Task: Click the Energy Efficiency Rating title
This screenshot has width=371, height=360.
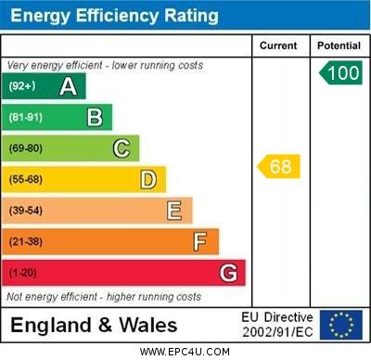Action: point(115,16)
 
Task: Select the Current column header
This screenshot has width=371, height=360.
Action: point(278,45)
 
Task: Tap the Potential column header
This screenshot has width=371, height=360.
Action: point(339,45)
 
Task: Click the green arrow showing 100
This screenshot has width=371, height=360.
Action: point(340,73)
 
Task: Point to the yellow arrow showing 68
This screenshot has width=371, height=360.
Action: point(279,167)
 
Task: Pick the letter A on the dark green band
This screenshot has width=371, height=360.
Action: point(68,86)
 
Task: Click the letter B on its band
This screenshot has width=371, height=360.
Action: point(95,117)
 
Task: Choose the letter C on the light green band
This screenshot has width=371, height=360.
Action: point(122,148)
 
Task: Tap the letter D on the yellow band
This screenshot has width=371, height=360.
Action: point(148,179)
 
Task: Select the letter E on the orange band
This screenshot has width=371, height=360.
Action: point(174,211)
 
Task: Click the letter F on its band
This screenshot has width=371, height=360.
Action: point(200,241)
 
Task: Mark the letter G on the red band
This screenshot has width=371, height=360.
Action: point(228,273)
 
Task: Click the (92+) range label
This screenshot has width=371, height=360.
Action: point(22,86)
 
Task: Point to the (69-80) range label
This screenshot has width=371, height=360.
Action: point(26,148)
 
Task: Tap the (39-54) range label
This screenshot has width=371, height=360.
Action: point(26,211)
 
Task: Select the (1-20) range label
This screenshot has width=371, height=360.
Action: point(23,274)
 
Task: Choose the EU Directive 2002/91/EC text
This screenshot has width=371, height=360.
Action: point(277,325)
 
